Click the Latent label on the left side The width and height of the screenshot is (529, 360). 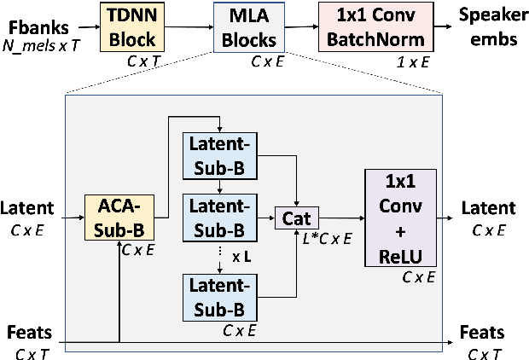[30, 208]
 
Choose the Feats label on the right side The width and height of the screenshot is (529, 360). [481, 332]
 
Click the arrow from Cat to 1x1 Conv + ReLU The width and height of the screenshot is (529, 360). [337, 218]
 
